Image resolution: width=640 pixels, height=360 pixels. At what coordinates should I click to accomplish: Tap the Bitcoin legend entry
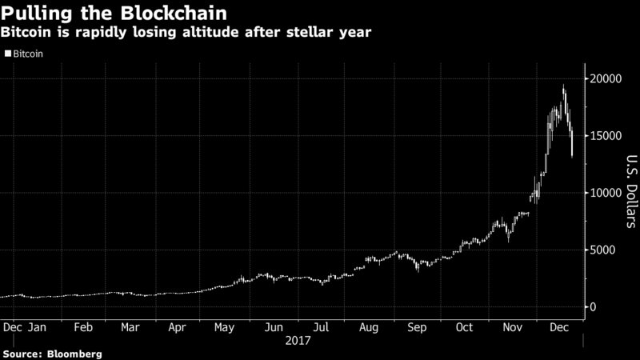pos(27,54)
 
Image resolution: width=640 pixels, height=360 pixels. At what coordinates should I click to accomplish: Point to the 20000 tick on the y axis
pos(607,78)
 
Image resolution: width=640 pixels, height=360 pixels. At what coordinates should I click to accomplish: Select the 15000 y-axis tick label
pos(607,136)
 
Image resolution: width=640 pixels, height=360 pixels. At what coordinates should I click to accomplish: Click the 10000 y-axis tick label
pos(607,193)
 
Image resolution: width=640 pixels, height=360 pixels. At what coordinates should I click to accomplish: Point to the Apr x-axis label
pos(178,327)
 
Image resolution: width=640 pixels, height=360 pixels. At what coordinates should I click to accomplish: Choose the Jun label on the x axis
pos(274,327)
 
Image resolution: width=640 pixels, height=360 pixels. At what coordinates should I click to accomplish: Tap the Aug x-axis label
pos(370,327)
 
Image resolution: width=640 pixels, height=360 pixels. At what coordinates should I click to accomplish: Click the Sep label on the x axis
pos(418,327)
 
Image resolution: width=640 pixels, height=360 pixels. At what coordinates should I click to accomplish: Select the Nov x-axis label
pos(512,327)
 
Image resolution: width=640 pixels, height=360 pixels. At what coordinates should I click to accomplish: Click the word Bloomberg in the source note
pos(74,353)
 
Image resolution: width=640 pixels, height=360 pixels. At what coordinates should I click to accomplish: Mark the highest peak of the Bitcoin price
pos(564,85)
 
